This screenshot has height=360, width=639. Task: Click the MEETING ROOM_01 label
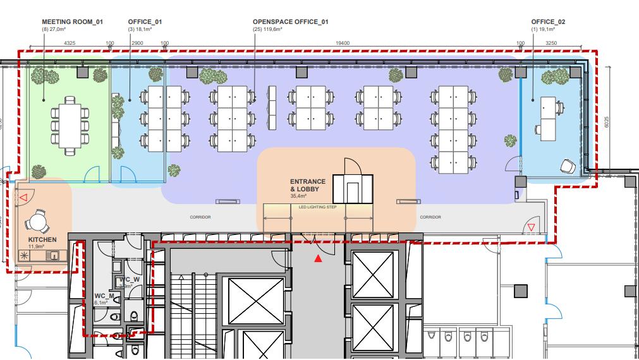pyautogui.click(x=72, y=21)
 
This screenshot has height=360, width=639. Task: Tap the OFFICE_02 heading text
pyautogui.click(x=548, y=21)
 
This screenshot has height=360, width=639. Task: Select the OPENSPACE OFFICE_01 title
pyautogui.click(x=290, y=21)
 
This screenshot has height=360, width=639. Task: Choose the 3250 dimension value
pyautogui.click(x=551, y=44)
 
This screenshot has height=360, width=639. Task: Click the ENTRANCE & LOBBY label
pyautogui.click(x=308, y=186)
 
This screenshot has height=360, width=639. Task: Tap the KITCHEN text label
pyautogui.click(x=42, y=240)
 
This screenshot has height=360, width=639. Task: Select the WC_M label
pyautogui.click(x=104, y=296)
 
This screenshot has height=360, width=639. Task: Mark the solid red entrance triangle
pyautogui.click(x=319, y=258)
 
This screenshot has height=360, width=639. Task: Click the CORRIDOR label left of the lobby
pyautogui.click(x=200, y=217)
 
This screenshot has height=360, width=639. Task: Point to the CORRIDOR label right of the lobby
pyautogui.click(x=430, y=217)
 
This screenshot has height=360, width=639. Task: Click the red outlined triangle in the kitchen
pyautogui.click(x=23, y=198)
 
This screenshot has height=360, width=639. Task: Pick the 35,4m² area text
pyautogui.click(x=298, y=196)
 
